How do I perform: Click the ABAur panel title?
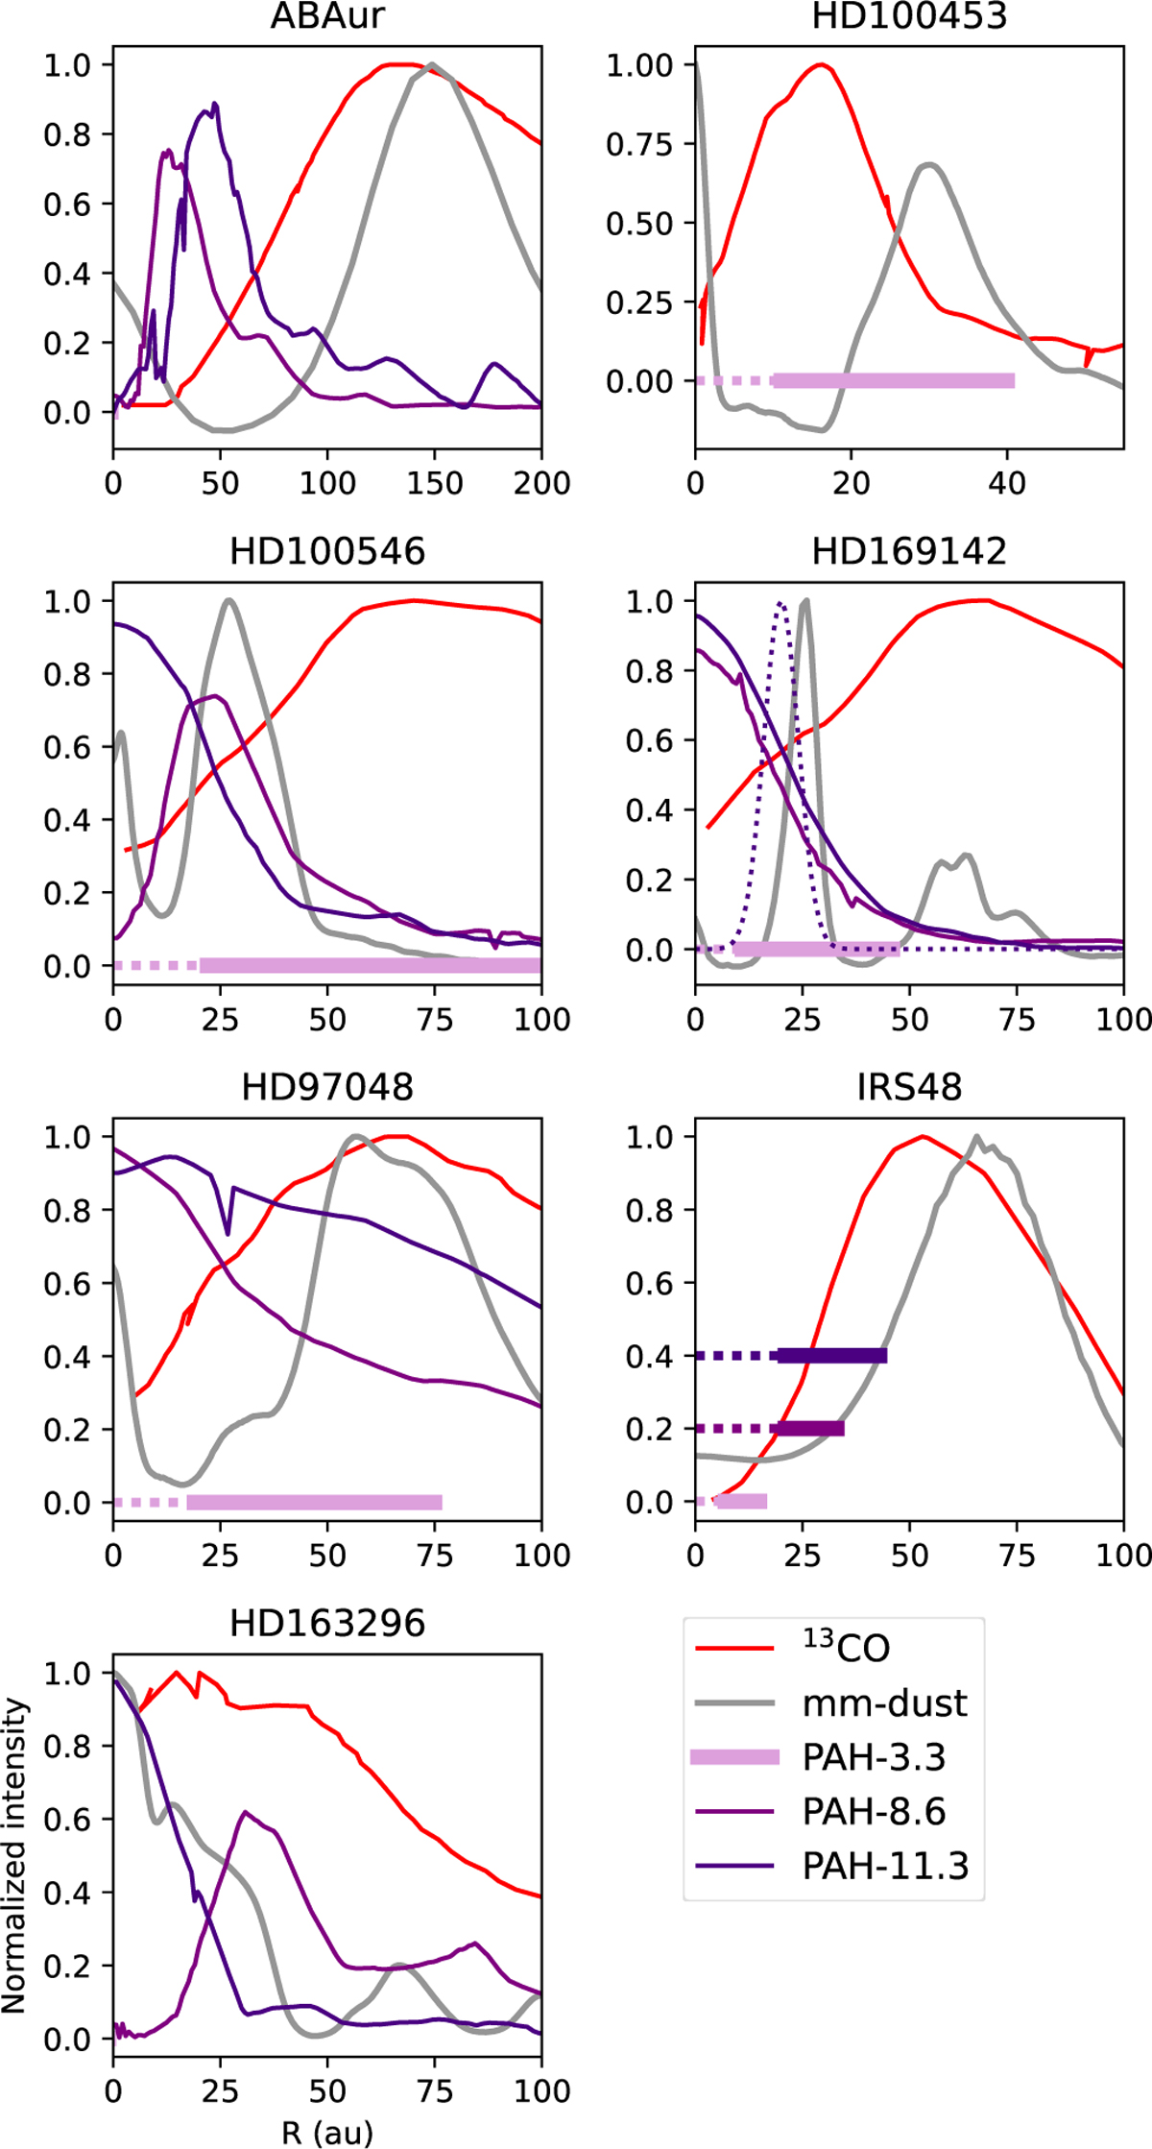coord(327,16)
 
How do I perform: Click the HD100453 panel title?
coord(909,16)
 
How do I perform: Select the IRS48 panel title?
coord(909,1087)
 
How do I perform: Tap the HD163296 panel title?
coord(327,1623)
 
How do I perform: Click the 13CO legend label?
coord(847,1648)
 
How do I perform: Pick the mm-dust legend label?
coord(885,1703)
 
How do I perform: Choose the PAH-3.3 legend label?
coord(874,1757)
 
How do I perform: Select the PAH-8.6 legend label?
coord(874,1812)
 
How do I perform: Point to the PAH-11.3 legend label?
coord(885,1866)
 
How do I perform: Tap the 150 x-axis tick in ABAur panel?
coord(434,483)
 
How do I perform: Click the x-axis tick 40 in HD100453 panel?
coord(1007,483)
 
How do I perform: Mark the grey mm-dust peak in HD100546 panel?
coord(228,601)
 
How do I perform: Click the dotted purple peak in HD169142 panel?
coord(781,604)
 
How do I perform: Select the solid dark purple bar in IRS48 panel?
coord(831,1356)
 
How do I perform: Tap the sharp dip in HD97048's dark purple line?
coord(228,1234)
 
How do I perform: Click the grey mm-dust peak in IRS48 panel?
coord(976,1138)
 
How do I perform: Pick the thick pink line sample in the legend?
coord(735,1757)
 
